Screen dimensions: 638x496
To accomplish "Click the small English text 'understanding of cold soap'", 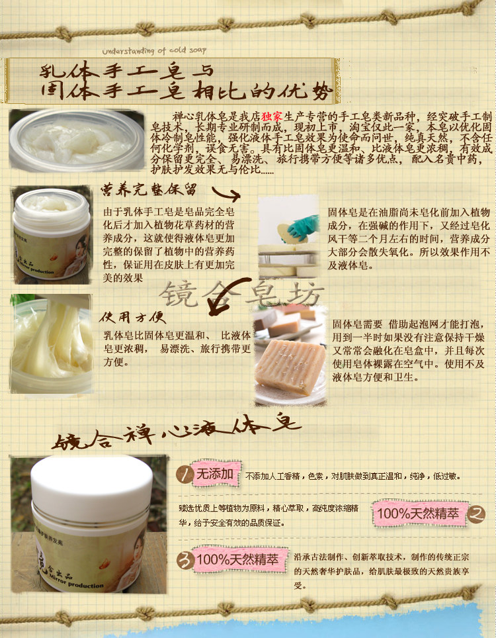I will tap(154, 50).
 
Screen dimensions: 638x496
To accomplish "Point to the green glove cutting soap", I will tap(302, 226).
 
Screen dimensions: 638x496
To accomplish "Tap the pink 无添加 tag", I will tap(213, 474).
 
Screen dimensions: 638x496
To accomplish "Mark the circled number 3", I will tap(183, 559).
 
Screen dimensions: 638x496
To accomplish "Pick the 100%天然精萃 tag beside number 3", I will tap(235, 559).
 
